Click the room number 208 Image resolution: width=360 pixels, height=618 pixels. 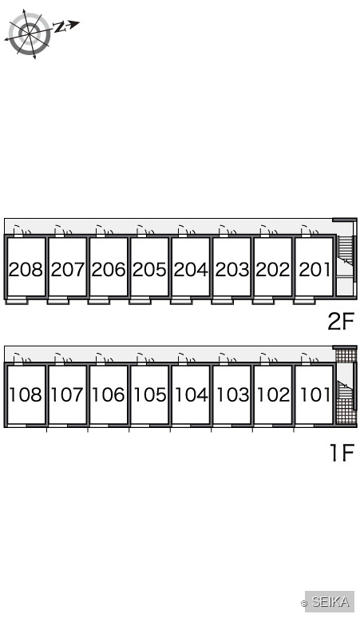point(26,270)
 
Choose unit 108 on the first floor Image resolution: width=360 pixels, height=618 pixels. point(26,394)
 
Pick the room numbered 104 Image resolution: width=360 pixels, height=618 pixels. point(191,394)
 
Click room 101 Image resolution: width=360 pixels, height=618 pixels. point(315,394)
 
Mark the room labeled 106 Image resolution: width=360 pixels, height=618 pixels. point(109,394)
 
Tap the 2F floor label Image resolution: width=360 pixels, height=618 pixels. point(341,321)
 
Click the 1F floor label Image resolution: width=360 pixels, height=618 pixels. point(342,453)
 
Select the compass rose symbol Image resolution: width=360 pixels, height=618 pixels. point(30,34)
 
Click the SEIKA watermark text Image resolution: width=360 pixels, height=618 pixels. point(330,601)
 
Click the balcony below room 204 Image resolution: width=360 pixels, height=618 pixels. point(181,302)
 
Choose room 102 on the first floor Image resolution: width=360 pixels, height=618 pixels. point(273,394)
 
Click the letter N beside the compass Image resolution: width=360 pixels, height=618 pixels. point(59,27)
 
